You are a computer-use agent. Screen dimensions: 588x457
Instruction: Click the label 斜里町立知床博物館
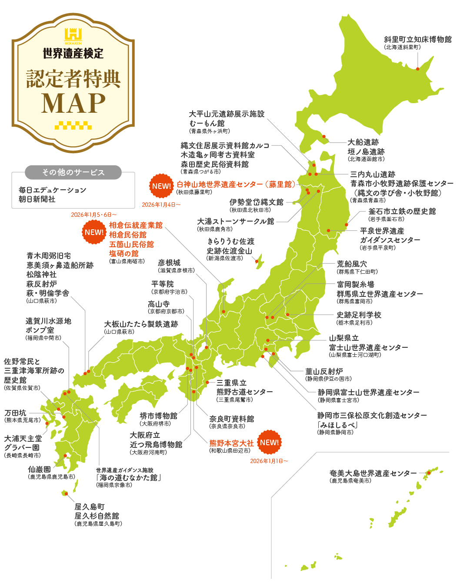pos(417,40)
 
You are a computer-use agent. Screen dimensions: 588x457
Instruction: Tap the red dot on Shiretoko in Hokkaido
pos(417,69)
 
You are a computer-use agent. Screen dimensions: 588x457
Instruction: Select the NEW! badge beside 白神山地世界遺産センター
pos(161,186)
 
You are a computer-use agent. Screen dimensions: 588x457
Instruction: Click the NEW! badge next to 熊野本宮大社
pos(270,443)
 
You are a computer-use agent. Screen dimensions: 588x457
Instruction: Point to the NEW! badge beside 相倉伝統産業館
pos(94,232)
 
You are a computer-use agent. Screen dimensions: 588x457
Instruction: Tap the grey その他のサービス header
pos(73,172)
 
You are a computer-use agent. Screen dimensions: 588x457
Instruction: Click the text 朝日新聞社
pos(37,199)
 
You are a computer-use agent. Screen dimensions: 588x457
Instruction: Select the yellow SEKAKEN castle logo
pos(73,36)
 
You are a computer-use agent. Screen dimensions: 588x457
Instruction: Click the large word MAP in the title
pos(73,104)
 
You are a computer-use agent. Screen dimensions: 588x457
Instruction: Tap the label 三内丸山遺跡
pos(373,174)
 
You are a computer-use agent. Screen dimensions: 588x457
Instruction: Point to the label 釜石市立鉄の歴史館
pos(402,211)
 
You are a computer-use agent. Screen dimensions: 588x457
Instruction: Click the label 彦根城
pos(169,263)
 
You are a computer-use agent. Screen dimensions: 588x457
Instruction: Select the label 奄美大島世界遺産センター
pos(373,473)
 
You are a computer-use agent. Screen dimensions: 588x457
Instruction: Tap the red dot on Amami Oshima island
pos(429,473)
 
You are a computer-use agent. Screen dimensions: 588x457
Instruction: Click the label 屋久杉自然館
pos(97,516)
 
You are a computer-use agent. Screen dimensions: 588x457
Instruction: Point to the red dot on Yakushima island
pos(66,494)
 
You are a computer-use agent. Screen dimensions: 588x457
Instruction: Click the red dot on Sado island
pos(257,262)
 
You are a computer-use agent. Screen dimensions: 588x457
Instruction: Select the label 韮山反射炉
pos(324,371)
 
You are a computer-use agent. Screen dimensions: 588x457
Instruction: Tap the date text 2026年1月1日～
pos(269,461)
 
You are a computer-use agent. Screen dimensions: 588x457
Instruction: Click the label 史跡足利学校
pos(359,315)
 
